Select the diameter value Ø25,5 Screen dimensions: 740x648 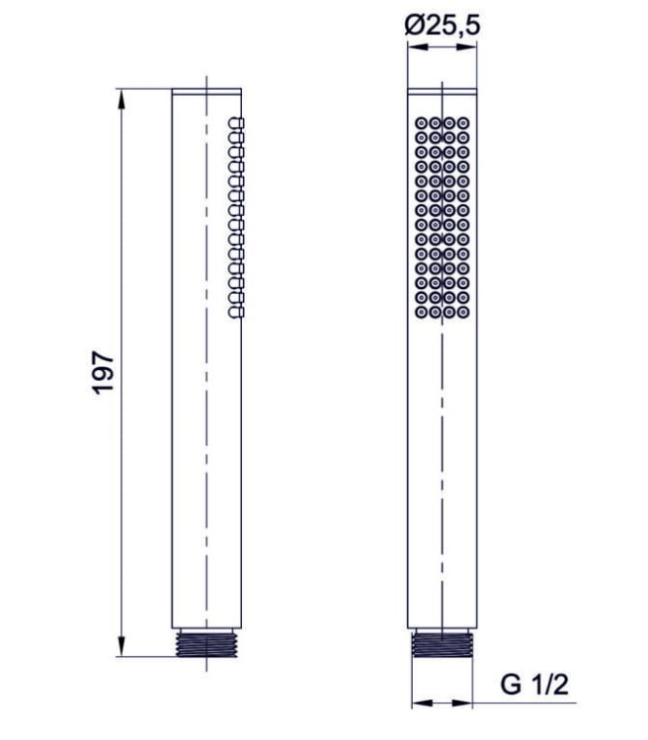pyautogui.click(x=443, y=27)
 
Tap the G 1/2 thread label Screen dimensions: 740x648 pyautogui.click(x=537, y=683)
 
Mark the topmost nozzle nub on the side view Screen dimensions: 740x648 pyautogui.click(x=235, y=122)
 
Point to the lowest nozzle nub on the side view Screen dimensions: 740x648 pyautogui.click(x=235, y=313)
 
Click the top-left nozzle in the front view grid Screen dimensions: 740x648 pyautogui.click(x=421, y=123)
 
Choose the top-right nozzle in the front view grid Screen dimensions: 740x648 pyautogui.click(x=463, y=123)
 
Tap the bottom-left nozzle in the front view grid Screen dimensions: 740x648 pyautogui.click(x=421, y=313)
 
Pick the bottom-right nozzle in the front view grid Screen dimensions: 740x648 pyautogui.click(x=463, y=313)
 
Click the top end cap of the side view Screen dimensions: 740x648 pyautogui.click(x=207, y=94)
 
